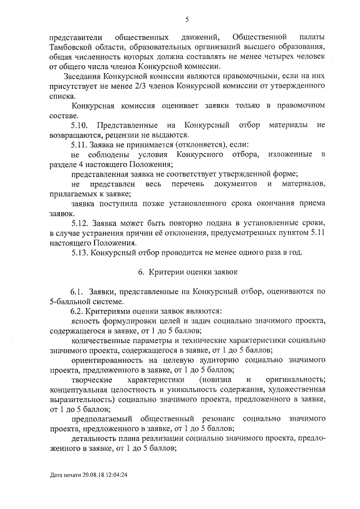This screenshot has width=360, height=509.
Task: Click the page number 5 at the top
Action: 186,20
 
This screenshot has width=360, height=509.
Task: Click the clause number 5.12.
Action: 82,223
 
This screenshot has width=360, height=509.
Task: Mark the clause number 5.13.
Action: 82,252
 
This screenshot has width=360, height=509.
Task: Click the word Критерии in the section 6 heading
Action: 166,272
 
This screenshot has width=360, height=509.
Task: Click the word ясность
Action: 85,321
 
